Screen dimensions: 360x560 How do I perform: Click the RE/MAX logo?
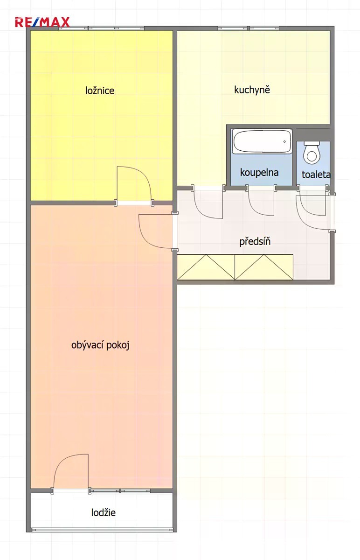[x=42, y=22]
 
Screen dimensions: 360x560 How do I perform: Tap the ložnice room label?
[x=100, y=90]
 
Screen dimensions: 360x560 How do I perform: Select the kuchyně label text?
[x=252, y=90]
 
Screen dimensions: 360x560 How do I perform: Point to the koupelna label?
[x=259, y=172]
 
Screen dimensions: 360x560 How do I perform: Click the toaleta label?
[x=316, y=174]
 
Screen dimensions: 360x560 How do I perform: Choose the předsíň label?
[x=255, y=241]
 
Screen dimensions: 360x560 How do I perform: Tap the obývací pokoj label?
[x=100, y=345]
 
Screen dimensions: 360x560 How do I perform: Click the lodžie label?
[x=104, y=512]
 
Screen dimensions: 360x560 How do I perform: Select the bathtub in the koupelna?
[x=262, y=141]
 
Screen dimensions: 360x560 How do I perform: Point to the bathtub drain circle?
[x=284, y=141]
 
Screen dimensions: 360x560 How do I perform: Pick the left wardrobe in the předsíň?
[x=206, y=267]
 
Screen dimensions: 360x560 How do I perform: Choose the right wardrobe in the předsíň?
[x=264, y=267]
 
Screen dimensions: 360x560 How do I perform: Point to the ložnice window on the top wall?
[x=102, y=28]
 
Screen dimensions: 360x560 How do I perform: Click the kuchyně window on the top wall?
[x=249, y=28]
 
